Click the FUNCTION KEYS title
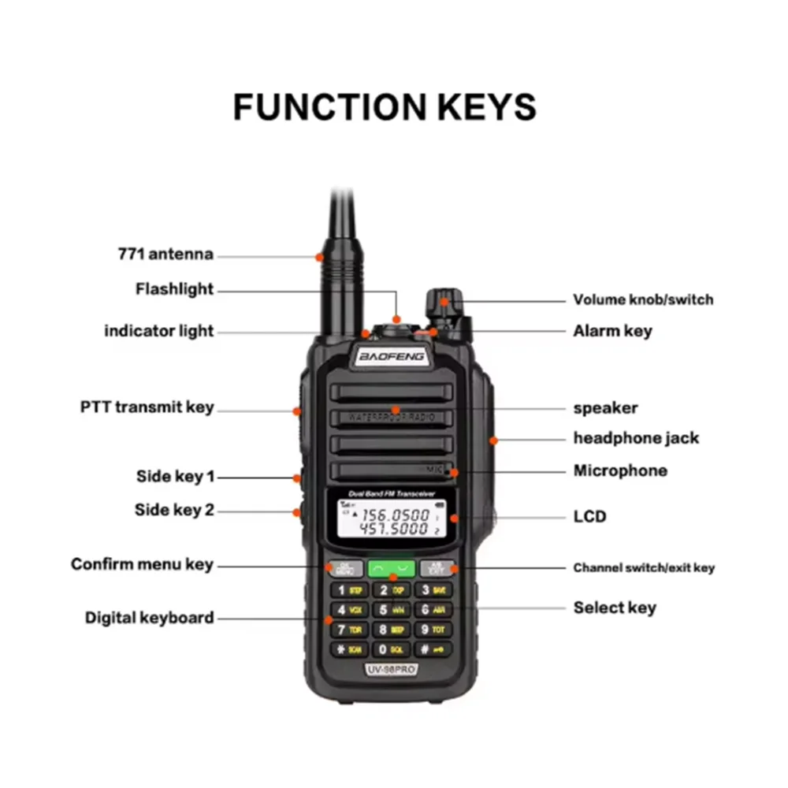385,106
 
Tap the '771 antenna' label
165,255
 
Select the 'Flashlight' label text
174,289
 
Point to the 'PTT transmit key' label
147,407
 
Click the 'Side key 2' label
174,510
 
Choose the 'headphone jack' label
636,438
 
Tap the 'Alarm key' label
612,331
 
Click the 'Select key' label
614,608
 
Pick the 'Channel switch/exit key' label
644,567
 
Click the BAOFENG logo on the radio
392,357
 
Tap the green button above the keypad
392,567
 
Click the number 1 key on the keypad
348,589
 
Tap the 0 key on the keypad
392,649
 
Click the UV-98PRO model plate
392,669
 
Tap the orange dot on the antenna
320,256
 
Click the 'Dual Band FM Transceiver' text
392,494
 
